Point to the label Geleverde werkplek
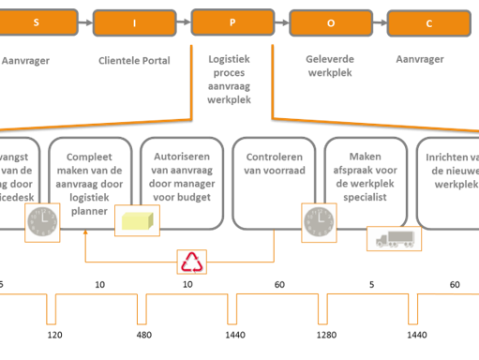[329, 65]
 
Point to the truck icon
[388, 238]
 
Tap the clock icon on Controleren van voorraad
[316, 222]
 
